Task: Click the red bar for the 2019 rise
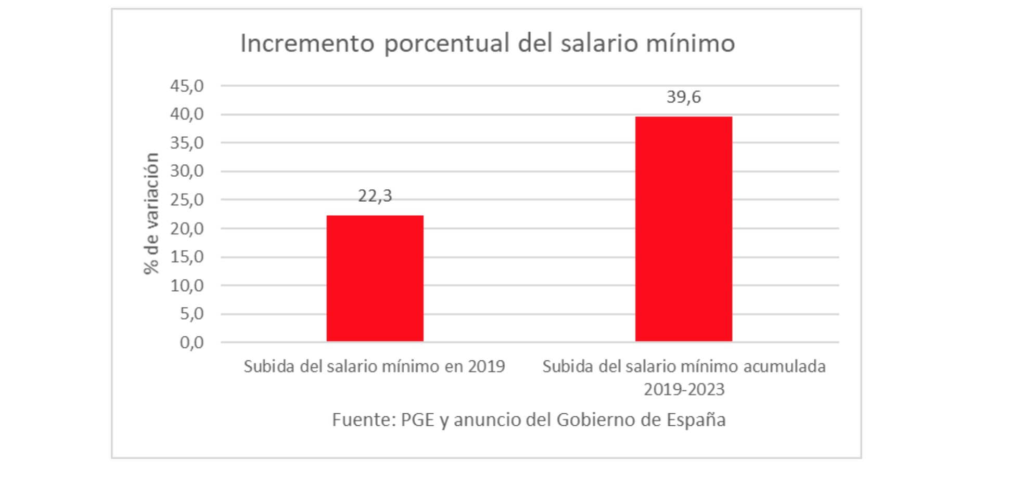click(x=375, y=278)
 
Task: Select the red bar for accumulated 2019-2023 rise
click(x=683, y=229)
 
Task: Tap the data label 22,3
click(x=375, y=196)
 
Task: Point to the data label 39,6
click(x=683, y=97)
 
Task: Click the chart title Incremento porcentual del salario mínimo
click(x=487, y=43)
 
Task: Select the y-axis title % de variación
click(x=151, y=213)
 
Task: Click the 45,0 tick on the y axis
click(x=187, y=86)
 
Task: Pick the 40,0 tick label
click(x=187, y=114)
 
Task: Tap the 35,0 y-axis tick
click(x=187, y=143)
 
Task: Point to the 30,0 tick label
click(x=187, y=171)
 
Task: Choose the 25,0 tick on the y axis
click(x=187, y=200)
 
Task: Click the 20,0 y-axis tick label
click(x=187, y=228)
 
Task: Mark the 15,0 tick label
click(x=187, y=257)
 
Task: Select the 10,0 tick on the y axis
click(x=187, y=285)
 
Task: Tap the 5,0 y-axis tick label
click(x=191, y=313)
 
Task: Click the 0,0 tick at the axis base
click(x=191, y=343)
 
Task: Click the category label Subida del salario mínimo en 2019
click(x=374, y=366)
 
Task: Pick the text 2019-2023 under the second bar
click(x=684, y=389)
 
